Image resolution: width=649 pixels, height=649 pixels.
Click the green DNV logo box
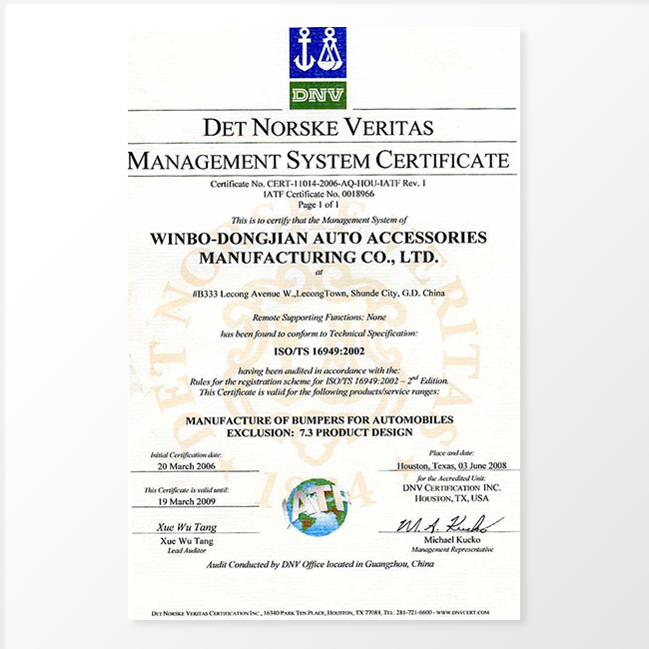318,96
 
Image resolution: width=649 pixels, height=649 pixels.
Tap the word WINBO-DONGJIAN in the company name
255,238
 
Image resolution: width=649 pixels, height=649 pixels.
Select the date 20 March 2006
191,466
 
